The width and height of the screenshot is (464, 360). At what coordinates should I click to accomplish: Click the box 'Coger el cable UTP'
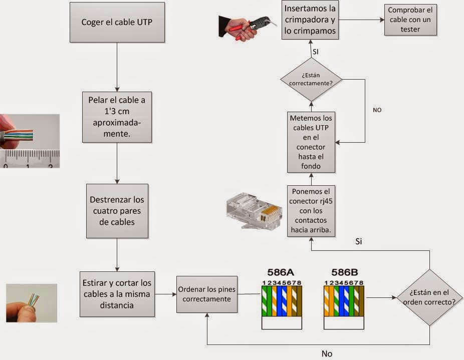[x=117, y=23]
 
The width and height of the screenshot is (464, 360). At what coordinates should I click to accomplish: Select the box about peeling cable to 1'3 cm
[x=117, y=117]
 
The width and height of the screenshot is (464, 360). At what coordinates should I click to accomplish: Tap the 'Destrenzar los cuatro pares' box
[x=117, y=210]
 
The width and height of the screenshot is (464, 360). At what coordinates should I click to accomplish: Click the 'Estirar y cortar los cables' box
[x=117, y=293]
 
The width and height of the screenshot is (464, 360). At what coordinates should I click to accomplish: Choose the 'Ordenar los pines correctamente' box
[x=206, y=294]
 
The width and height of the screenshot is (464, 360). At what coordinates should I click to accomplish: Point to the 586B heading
[x=344, y=273]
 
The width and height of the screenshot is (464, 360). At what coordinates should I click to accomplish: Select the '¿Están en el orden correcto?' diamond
[x=429, y=297]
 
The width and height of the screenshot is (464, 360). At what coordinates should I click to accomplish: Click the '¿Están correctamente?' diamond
[x=311, y=79]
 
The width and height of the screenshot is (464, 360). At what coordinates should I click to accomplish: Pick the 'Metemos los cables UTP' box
[x=311, y=142]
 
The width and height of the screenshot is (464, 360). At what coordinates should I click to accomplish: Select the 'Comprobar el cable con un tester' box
[x=410, y=21]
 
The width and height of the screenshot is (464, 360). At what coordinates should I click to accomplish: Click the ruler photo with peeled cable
[x=30, y=141]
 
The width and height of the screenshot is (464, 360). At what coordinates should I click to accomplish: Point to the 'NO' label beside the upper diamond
[x=377, y=110]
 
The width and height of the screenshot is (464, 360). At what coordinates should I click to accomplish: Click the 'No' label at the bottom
[x=327, y=353]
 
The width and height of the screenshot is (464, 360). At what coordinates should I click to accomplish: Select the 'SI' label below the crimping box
[x=315, y=52]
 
